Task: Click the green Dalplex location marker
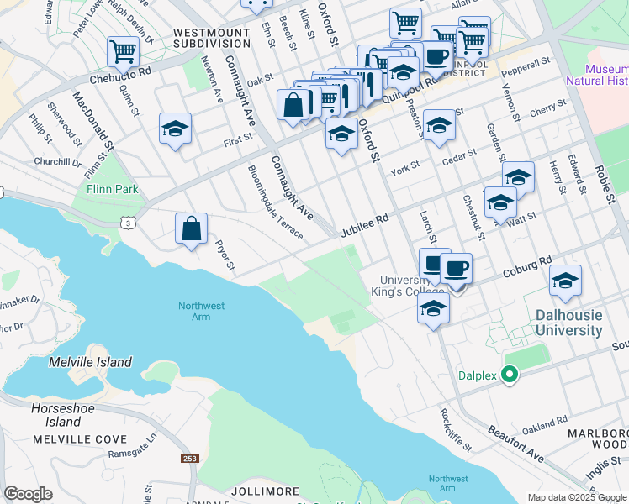[508, 375]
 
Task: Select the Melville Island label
[90, 362]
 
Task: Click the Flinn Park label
[112, 189]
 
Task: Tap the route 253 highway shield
[189, 458]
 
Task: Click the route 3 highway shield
[126, 223]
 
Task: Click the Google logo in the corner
[28, 494]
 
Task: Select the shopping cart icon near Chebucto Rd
[123, 51]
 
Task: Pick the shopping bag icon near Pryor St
[191, 228]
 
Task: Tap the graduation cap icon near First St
[175, 129]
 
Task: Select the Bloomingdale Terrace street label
[275, 202]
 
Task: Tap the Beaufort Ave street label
[515, 441]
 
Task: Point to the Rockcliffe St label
[456, 428]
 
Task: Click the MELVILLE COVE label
[80, 439]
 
